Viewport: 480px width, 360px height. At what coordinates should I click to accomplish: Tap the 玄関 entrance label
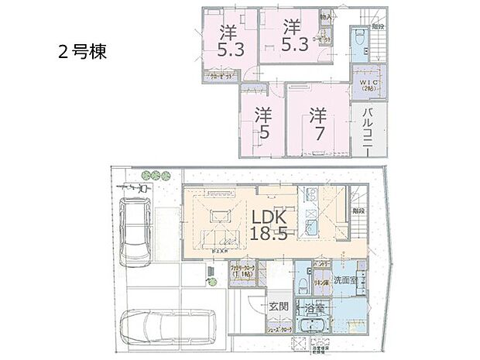point(279,307)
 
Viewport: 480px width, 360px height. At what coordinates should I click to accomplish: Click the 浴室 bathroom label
point(316,307)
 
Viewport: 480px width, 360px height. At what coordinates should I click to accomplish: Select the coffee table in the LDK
point(220,215)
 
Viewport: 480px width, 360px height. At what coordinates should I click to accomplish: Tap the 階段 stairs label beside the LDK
point(358,210)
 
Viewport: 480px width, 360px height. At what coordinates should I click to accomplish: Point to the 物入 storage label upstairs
point(327,17)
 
